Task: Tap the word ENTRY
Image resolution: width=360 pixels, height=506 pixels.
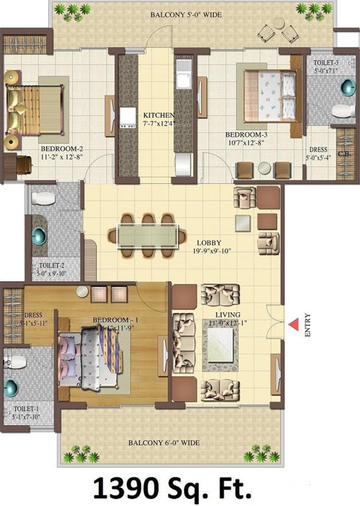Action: click(308, 325)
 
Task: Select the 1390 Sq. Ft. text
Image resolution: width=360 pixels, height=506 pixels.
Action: click(180, 488)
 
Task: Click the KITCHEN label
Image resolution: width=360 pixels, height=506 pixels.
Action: click(158, 115)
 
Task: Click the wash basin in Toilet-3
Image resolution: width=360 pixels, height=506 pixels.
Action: click(347, 87)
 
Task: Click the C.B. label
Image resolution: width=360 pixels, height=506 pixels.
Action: click(343, 156)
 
